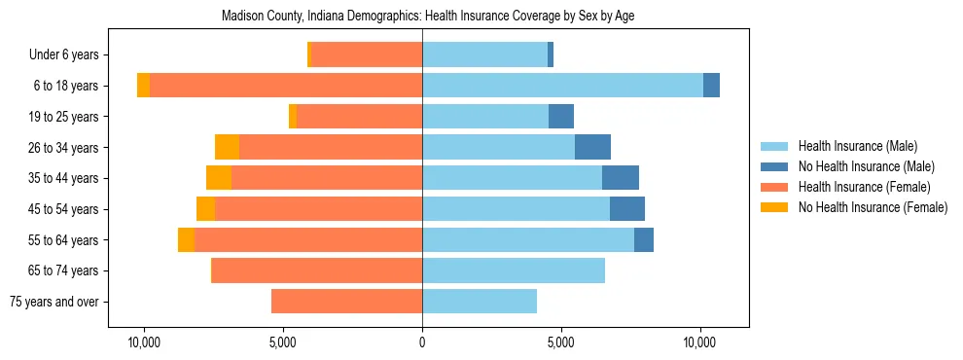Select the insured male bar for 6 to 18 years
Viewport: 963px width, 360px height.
pyautogui.click(x=562, y=86)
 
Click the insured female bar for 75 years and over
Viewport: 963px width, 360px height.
pyautogui.click(x=346, y=302)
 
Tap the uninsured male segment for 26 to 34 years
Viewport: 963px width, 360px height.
pyautogui.click(x=592, y=147)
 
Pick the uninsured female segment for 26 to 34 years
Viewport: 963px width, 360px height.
pyautogui.click(x=227, y=147)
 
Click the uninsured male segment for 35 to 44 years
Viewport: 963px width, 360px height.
pyautogui.click(x=621, y=178)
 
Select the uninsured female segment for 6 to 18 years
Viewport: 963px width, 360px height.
pyautogui.click(x=144, y=86)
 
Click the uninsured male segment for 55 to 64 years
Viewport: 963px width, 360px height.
pyautogui.click(x=644, y=239)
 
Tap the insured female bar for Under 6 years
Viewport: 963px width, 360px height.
pyautogui.click(x=366, y=54)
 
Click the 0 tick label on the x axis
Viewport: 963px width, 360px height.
pyautogui.click(x=422, y=343)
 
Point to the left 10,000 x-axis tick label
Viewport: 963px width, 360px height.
pyautogui.click(x=145, y=343)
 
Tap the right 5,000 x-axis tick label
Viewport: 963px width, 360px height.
pyautogui.click(x=561, y=343)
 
